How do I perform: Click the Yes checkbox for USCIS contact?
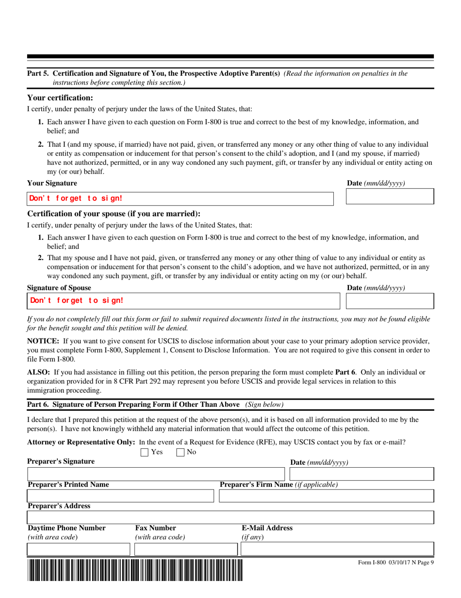144,453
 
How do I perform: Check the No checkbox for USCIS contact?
180,453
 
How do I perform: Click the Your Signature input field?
180,198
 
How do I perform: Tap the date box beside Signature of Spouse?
389,300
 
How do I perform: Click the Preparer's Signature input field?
155,474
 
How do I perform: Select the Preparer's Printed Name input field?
120,496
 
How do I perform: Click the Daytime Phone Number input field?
79,549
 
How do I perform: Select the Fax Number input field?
185,549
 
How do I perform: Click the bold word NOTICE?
43,341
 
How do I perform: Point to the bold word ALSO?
38,372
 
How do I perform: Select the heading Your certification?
60,98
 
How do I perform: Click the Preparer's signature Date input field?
354,474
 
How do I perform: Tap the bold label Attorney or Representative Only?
81,442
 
